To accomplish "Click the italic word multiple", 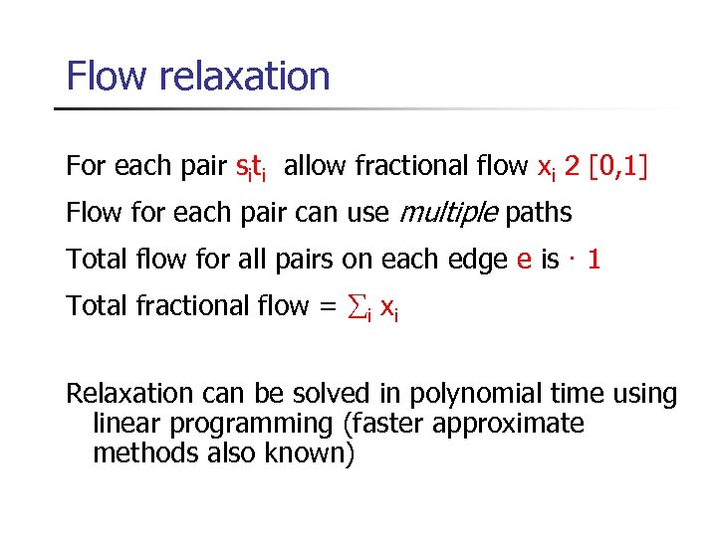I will point(449,213).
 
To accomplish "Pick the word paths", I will point(539,213).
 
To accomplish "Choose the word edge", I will point(475,260).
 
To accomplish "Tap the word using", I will point(643,396).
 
